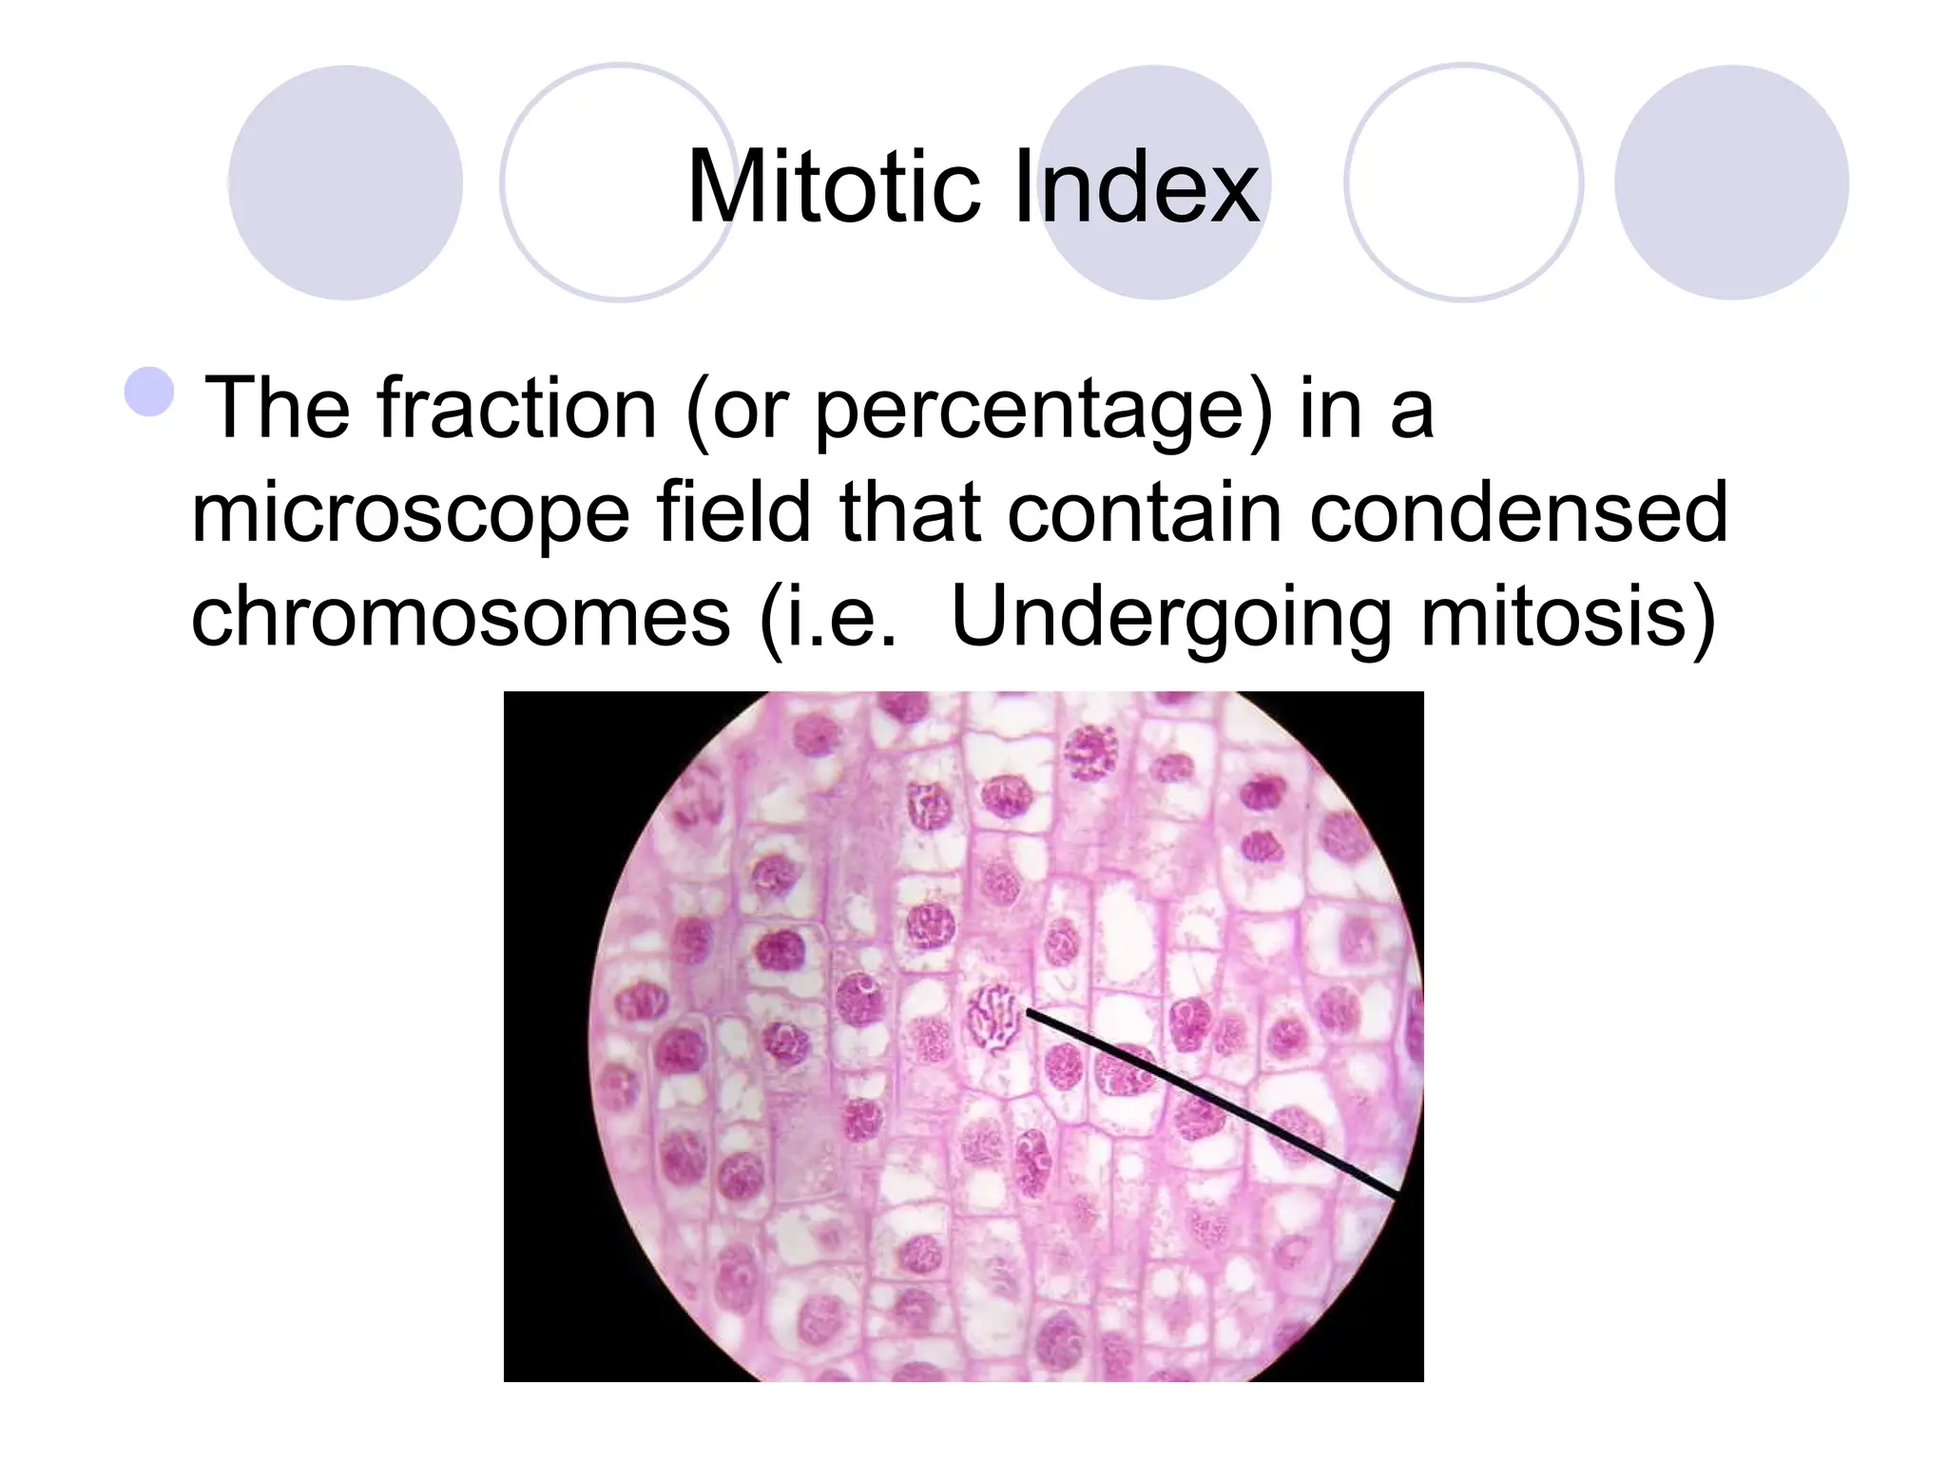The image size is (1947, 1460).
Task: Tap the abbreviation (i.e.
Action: pos(828,618)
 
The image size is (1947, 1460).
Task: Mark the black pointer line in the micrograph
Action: pos(1212,1103)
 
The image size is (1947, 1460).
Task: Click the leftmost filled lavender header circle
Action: pos(345,182)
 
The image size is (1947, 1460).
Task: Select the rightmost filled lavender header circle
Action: pos(1731,182)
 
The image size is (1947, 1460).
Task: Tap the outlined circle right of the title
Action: pos(1464,182)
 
